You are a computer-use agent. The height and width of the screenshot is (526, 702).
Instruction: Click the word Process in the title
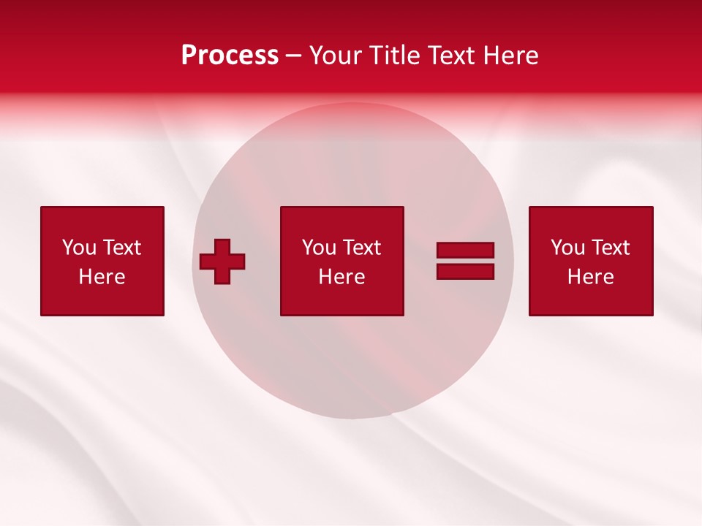pyautogui.click(x=230, y=56)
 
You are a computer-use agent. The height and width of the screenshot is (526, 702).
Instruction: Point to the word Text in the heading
pyautogui.click(x=451, y=56)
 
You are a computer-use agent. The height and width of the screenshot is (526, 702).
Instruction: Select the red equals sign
pyautogui.click(x=465, y=261)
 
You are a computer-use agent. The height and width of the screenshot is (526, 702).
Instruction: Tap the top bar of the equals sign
pyautogui.click(x=465, y=251)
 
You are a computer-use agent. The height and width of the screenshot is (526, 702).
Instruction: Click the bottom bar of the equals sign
pyautogui.click(x=465, y=271)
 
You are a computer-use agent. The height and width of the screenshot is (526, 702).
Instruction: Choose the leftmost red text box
pyautogui.click(x=102, y=261)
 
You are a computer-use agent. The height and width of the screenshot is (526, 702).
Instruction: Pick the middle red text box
pyautogui.click(x=341, y=261)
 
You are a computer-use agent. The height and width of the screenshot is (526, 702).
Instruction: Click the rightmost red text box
pyautogui.click(x=591, y=261)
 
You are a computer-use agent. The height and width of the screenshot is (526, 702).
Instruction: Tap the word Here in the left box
pyautogui.click(x=102, y=277)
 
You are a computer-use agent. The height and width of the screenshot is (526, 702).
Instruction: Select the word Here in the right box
pyautogui.click(x=590, y=277)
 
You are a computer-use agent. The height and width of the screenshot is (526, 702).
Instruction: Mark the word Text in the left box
pyautogui.click(x=121, y=248)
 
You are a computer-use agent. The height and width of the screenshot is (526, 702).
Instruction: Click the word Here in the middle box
pyautogui.click(x=341, y=277)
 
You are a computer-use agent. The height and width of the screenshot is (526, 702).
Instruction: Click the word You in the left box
pyautogui.click(x=79, y=248)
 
